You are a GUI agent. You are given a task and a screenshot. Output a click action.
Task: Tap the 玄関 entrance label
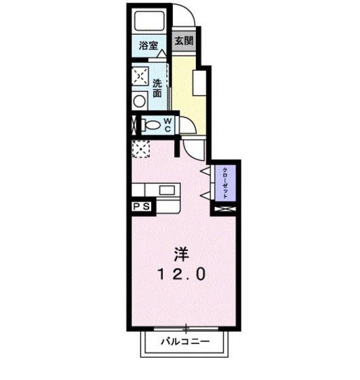coord(183,41)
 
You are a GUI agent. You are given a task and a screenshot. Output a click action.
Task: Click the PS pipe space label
coord(141,204)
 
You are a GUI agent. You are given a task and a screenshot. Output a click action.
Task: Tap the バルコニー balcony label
coord(184,342)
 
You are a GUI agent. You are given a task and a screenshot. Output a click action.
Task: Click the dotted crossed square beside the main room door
coord(140,149)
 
